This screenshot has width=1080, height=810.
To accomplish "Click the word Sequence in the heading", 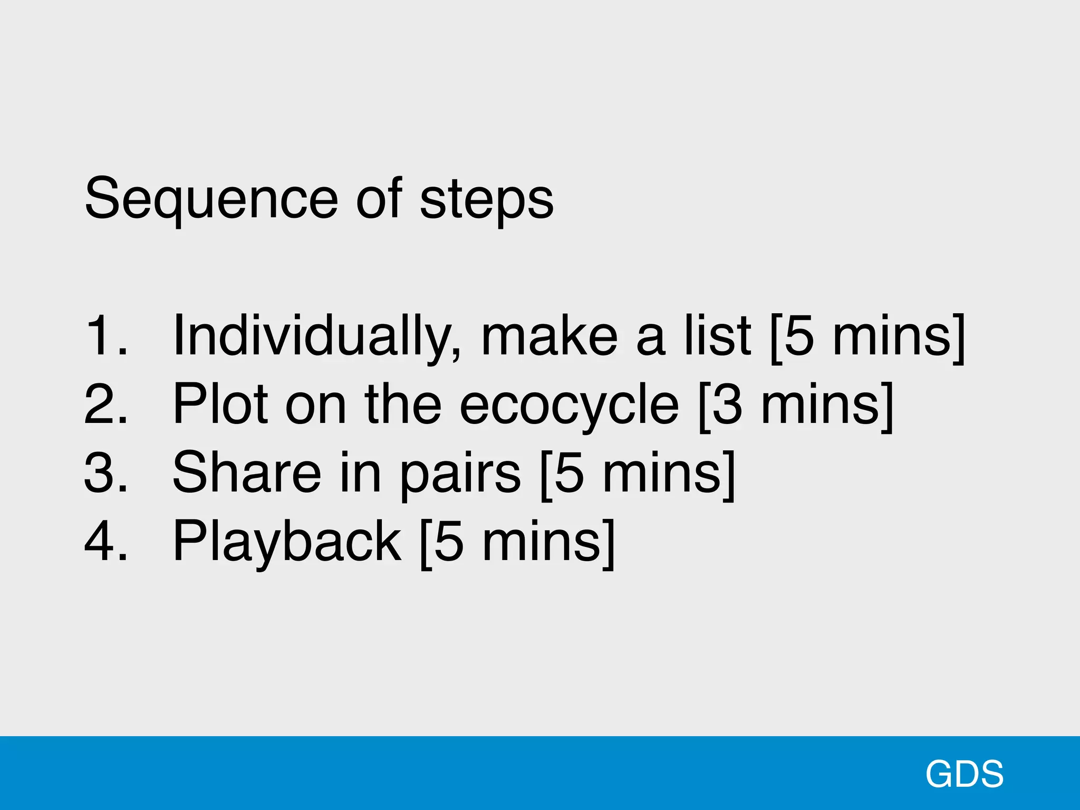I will [x=211, y=199].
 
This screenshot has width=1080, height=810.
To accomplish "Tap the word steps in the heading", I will [x=486, y=199].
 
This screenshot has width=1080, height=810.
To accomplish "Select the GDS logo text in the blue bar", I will [x=964, y=774].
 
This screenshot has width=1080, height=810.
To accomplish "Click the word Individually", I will [x=316, y=335].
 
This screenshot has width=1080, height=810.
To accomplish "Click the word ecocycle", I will [x=569, y=404].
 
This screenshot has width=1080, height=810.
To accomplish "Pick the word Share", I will [x=246, y=472].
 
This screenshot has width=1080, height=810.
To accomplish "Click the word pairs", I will [x=460, y=472].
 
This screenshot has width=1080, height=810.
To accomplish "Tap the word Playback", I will [x=287, y=541].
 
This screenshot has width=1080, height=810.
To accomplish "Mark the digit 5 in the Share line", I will [x=570, y=472].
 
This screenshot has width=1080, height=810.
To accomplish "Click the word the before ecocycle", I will [x=403, y=404].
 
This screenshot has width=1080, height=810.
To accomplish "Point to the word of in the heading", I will [x=379, y=199].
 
